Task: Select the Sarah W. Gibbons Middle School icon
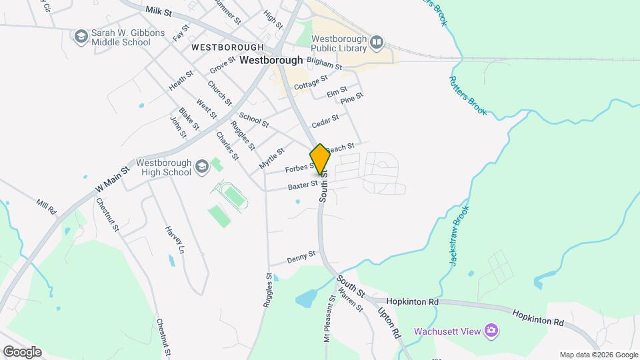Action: (x=81, y=35)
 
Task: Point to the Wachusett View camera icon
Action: (x=491, y=330)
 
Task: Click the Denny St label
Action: (x=301, y=258)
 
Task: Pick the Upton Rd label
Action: (x=389, y=323)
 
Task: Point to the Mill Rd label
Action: (x=47, y=207)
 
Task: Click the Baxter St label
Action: (x=303, y=184)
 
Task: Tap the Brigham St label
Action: (x=325, y=65)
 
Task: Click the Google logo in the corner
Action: (x=21, y=352)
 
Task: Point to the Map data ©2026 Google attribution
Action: (x=598, y=355)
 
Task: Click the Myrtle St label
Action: (x=267, y=159)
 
